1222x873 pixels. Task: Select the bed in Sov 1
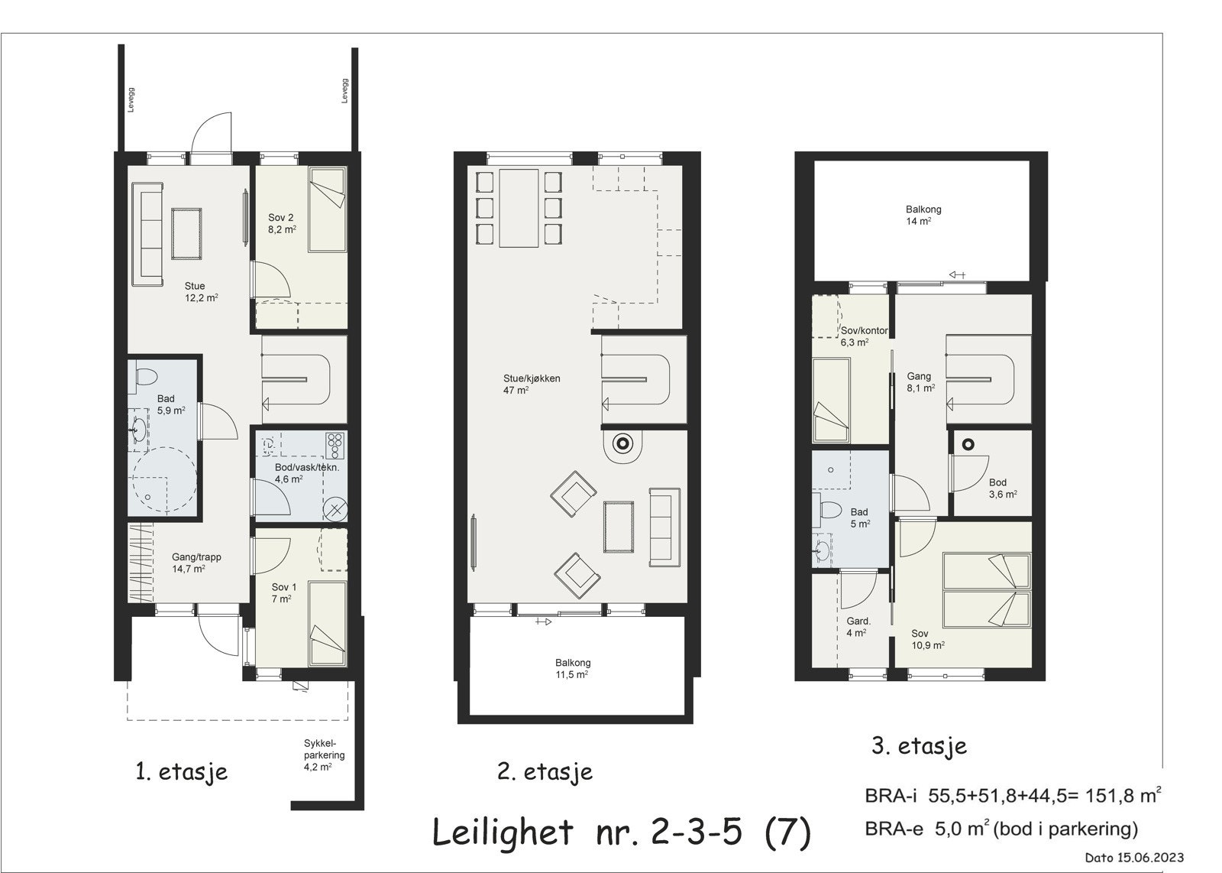(327, 623)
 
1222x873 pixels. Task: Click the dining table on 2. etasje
(519, 208)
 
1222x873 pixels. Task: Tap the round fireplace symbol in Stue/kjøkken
(623, 443)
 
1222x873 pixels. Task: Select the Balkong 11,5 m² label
(572, 669)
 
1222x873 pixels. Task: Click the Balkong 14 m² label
(923, 215)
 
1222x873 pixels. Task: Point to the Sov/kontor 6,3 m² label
(863, 336)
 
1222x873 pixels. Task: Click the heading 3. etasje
(920, 746)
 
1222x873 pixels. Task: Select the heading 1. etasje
(181, 771)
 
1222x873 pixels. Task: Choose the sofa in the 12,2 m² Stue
(147, 234)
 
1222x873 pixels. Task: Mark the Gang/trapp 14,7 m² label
(196, 563)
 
